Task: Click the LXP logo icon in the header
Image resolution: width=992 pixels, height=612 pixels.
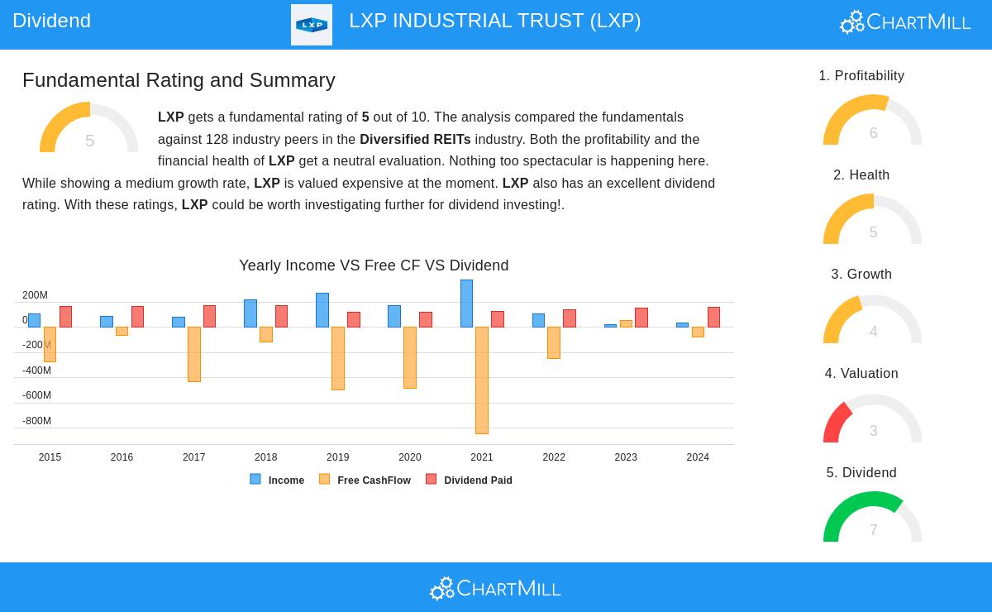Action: click(312, 25)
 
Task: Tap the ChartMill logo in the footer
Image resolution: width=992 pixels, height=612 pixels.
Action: click(495, 588)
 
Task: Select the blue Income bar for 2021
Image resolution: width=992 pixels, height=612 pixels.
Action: click(467, 304)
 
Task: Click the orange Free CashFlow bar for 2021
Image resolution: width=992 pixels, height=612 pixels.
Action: click(482, 380)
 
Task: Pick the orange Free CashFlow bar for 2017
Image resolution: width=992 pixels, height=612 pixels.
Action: click(194, 354)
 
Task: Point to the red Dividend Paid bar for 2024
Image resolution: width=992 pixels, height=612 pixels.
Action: click(713, 317)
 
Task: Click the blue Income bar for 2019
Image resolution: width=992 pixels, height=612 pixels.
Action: click(322, 310)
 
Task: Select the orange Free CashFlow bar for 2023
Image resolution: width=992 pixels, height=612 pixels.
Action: click(626, 323)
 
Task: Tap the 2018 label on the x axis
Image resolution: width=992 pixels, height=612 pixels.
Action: click(265, 457)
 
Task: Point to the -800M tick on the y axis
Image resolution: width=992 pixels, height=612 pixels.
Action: click(36, 421)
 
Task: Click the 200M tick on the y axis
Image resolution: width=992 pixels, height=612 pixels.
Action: click(35, 295)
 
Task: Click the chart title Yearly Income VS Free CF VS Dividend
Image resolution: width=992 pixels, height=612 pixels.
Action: click(374, 265)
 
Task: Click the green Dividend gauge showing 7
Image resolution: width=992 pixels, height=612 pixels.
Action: click(872, 519)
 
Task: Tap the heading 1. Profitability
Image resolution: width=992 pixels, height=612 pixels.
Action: click(861, 76)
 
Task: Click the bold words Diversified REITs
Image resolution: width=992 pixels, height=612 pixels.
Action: click(415, 139)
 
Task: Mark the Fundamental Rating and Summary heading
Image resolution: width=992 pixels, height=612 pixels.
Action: click(179, 80)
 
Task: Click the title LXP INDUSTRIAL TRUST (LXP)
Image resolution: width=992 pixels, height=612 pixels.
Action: click(494, 21)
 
